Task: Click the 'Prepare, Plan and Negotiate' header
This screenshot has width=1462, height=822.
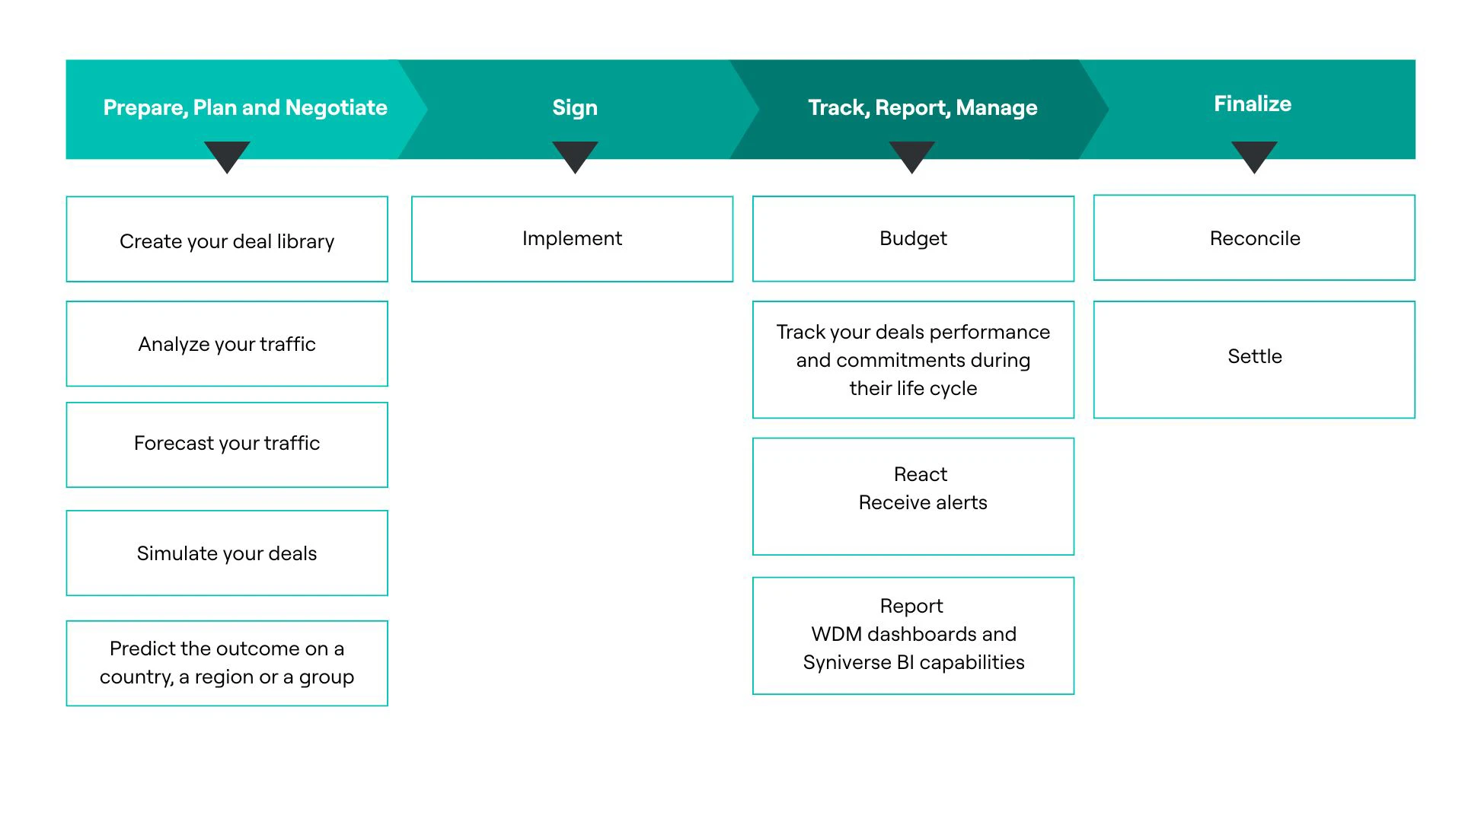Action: tap(245, 107)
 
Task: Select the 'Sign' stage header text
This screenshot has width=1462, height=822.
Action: tap(575, 107)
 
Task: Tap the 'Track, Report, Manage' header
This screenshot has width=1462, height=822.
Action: tap(922, 107)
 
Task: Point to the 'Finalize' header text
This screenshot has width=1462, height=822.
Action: tap(1252, 104)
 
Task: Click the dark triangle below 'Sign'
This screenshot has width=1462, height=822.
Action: tap(575, 155)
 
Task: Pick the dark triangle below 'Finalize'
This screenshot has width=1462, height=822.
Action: tap(1254, 155)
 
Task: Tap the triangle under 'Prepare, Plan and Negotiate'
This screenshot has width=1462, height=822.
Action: tap(227, 155)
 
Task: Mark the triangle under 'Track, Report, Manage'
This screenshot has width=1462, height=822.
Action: tap(911, 155)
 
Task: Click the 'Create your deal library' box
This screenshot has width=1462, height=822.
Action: tap(227, 240)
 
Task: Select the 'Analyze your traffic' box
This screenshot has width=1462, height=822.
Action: tap(227, 344)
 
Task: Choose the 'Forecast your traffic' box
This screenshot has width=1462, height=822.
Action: tap(227, 444)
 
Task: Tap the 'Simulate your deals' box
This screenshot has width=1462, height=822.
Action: tap(227, 553)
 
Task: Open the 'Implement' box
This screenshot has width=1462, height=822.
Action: tap(572, 239)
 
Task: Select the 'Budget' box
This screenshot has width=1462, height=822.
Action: tap(913, 239)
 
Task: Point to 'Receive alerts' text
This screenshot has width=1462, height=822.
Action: tap(922, 502)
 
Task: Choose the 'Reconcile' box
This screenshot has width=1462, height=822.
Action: tap(1254, 238)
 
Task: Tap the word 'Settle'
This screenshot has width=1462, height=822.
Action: tap(1254, 356)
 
